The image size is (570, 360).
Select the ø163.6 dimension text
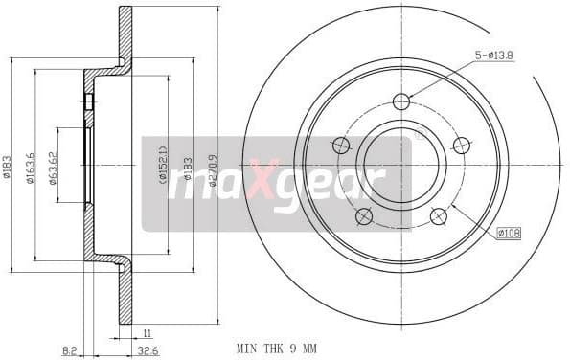coord(30,168)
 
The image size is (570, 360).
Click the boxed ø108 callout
coord(509,233)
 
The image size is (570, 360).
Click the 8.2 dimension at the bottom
coord(69,351)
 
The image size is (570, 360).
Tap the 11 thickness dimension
coord(147,332)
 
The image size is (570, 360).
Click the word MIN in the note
coord(248,350)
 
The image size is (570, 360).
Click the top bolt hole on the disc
coord(401,101)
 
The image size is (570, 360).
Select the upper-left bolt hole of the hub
coord(340,146)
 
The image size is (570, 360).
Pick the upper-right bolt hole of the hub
coord(462,146)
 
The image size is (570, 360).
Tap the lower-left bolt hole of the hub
coord(364,216)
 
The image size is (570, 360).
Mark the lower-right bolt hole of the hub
coord(439,216)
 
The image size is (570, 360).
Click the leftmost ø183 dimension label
coord(7,169)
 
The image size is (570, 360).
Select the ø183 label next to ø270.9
coord(188,169)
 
